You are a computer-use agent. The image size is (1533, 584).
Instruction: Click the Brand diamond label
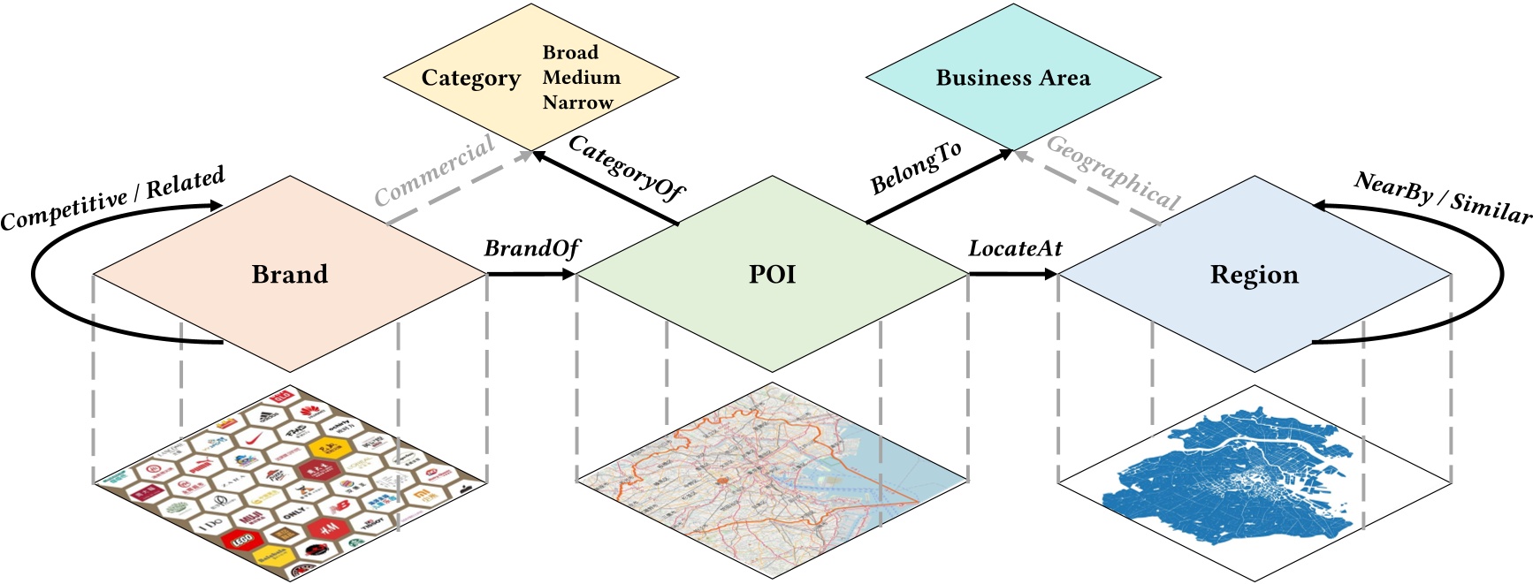[x=289, y=274]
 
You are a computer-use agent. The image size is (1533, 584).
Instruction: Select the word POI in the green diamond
[x=772, y=274]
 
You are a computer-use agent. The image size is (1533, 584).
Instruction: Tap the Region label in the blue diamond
[x=1254, y=275]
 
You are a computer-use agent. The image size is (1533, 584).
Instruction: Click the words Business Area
[x=1012, y=78]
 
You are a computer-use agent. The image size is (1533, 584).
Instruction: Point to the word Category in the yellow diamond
[x=470, y=79]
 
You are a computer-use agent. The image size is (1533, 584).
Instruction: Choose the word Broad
[x=570, y=52]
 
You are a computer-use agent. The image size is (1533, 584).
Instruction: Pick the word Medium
[x=581, y=78]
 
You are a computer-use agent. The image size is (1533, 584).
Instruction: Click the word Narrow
[x=577, y=102]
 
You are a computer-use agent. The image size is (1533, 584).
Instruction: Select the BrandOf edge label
[x=531, y=248]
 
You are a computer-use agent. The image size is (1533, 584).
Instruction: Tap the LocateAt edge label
[x=1014, y=248]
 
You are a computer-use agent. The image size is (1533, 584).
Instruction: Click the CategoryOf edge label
[x=626, y=168]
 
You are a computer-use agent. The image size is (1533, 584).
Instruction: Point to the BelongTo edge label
[x=915, y=169]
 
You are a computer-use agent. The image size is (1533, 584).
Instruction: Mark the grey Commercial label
[x=434, y=170]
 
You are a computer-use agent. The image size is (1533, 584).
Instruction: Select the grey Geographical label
[x=1113, y=172]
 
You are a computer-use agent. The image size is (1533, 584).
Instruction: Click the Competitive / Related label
[x=112, y=198]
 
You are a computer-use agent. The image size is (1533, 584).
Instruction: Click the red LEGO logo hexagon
[x=241, y=539]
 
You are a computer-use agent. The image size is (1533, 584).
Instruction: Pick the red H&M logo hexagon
[x=327, y=527]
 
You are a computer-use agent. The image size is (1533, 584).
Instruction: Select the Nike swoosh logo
[x=254, y=438]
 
